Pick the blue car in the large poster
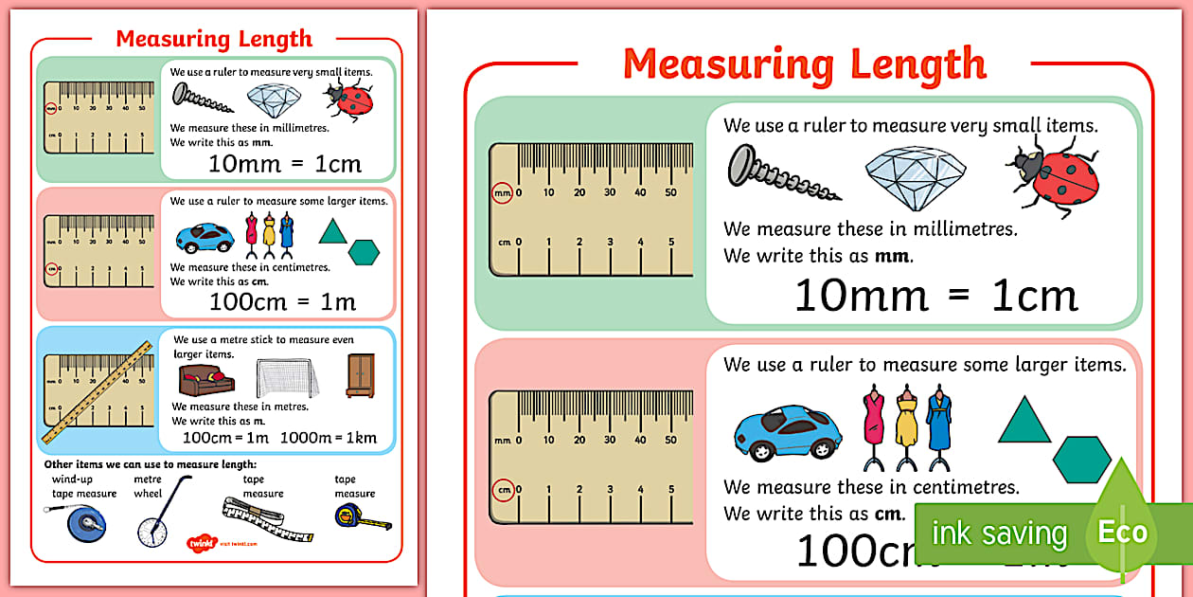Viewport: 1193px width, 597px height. click(x=789, y=433)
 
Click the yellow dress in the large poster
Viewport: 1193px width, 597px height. click(x=906, y=425)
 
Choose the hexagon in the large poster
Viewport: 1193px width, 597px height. click(x=1081, y=460)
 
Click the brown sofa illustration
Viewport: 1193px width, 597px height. click(x=206, y=379)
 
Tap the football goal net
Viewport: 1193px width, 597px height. click(x=287, y=378)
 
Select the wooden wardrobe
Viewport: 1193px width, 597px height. click(x=360, y=374)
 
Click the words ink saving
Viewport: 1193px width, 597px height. click(x=998, y=534)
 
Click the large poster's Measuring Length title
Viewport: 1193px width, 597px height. click(x=805, y=64)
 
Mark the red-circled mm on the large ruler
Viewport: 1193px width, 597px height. click(x=502, y=193)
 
